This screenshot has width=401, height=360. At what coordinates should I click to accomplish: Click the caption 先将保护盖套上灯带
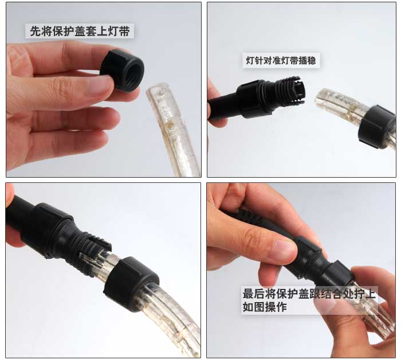(x=80, y=31)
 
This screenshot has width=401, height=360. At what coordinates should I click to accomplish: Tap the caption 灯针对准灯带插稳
(x=281, y=61)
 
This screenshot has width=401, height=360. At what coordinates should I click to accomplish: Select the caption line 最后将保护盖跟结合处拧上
(x=309, y=294)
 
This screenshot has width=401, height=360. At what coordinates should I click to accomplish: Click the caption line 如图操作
(x=265, y=307)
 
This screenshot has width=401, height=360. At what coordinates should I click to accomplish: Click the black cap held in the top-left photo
(x=122, y=70)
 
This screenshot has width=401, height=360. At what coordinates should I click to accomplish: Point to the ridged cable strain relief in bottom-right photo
(x=252, y=217)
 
